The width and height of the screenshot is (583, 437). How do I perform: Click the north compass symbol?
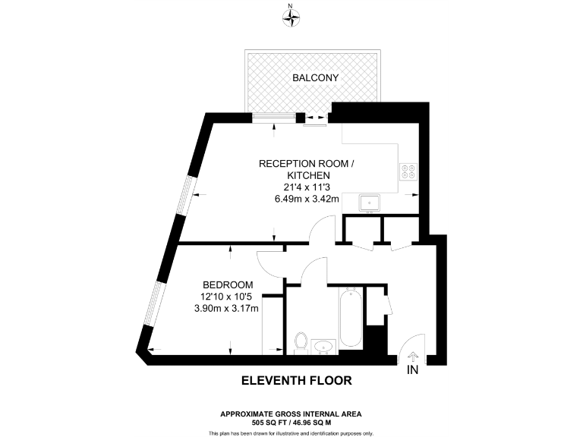click(x=291, y=17)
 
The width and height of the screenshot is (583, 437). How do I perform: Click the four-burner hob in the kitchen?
click(x=408, y=171)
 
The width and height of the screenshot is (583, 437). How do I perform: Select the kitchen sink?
click(x=369, y=203)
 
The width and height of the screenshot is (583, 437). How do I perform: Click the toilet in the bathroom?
click(x=301, y=343)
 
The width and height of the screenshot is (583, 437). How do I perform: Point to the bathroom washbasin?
click(x=323, y=346)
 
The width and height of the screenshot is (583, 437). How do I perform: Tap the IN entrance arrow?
click(x=413, y=357)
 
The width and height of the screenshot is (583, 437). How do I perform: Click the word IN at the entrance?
click(x=413, y=369)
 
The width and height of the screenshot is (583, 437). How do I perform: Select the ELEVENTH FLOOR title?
click(x=297, y=381)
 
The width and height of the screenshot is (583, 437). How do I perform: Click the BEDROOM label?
click(x=228, y=285)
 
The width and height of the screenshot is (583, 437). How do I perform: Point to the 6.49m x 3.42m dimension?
click(x=307, y=199)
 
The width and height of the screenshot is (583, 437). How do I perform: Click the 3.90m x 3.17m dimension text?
click(x=226, y=309)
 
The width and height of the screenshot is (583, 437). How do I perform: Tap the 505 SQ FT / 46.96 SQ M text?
click(x=291, y=423)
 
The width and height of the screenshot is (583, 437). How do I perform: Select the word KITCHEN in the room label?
click(x=308, y=175)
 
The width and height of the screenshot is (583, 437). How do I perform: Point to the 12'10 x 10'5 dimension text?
click(x=226, y=297)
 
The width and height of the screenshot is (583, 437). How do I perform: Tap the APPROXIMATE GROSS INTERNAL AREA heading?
click(x=291, y=414)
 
